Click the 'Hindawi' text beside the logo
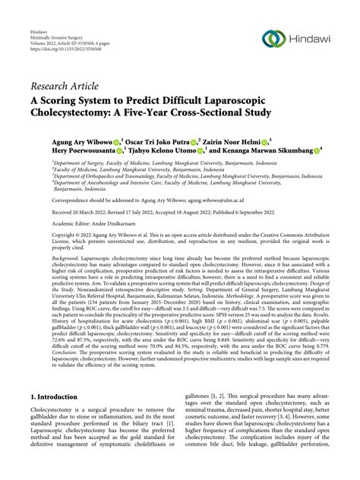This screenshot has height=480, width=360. (313, 38)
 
